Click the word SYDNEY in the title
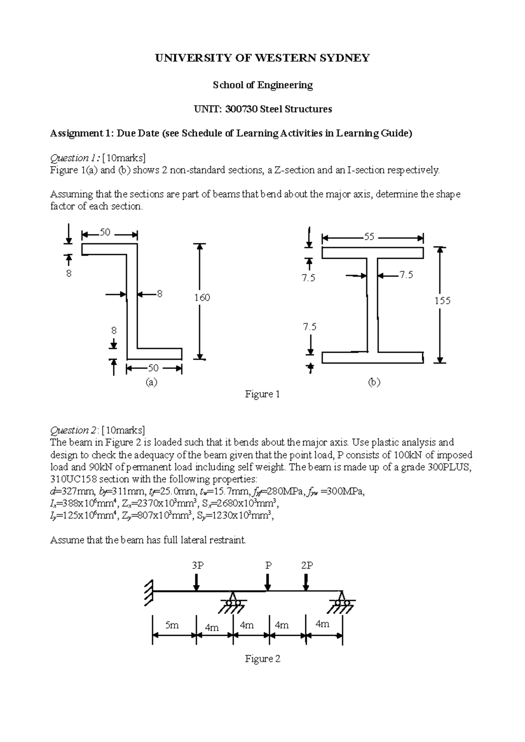coord(343,58)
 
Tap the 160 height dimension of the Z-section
coord(202,298)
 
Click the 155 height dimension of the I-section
coord(442,301)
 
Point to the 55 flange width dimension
coord(369,237)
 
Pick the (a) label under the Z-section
coord(151,382)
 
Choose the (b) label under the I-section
coord(374,382)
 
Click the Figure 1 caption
coord(262,395)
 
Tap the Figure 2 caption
coord(262,659)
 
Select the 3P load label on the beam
coord(198,565)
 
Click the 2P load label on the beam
coord(307,565)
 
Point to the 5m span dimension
coord(172,625)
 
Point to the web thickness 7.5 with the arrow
coord(406,275)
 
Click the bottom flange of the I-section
coord(373,357)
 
